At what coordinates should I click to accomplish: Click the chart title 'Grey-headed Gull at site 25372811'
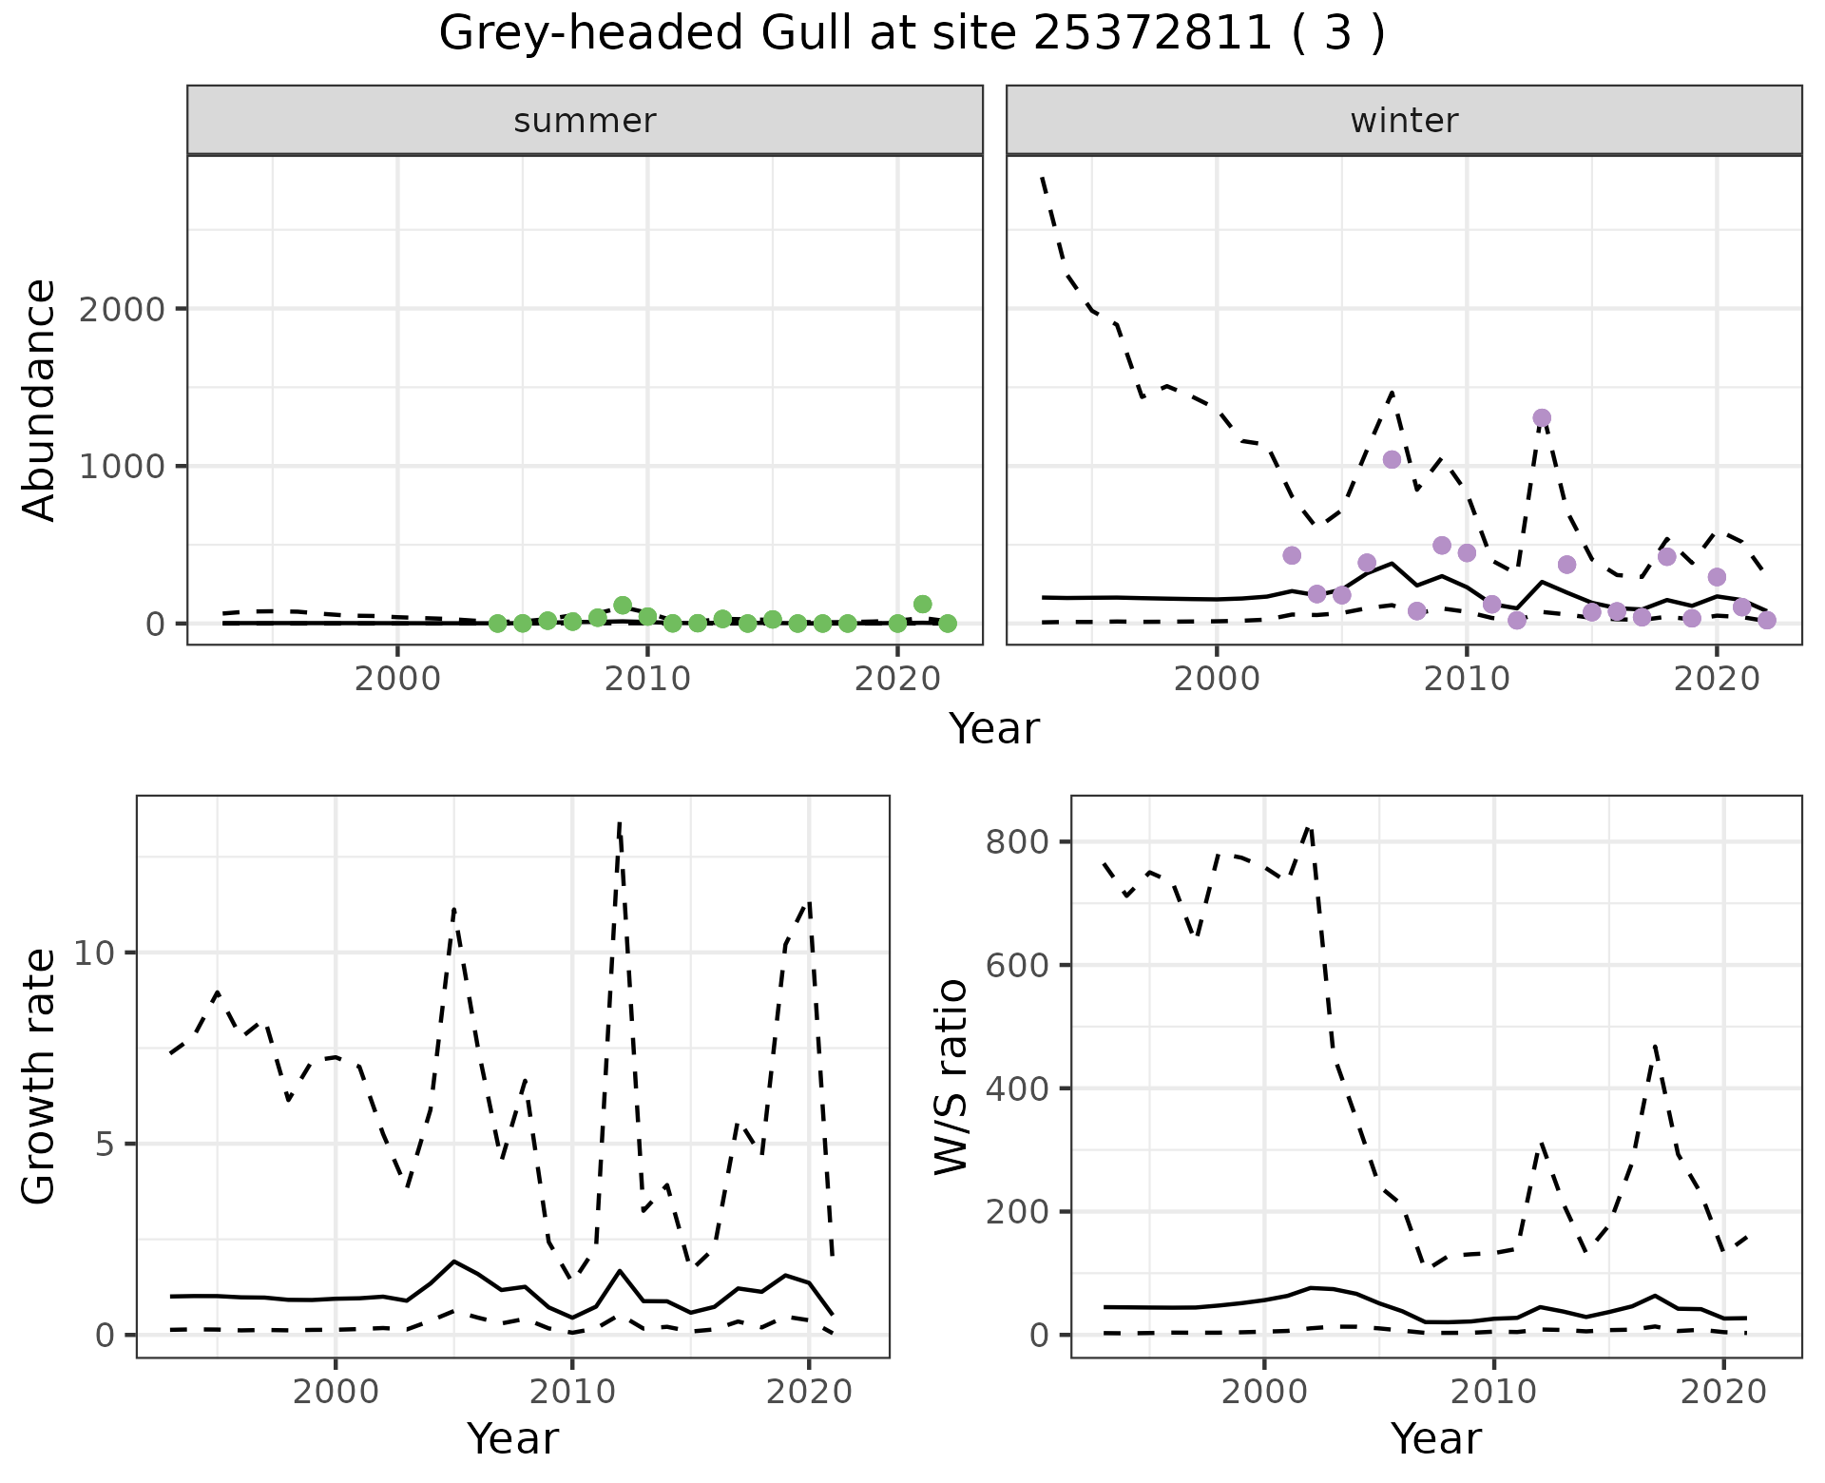pos(911,34)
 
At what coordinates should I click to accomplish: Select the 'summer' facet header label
pos(585,121)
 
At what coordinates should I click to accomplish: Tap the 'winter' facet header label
pos(1404,121)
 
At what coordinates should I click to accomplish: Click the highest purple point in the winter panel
pos(1542,418)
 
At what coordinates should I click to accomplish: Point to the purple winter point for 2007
pos(1393,460)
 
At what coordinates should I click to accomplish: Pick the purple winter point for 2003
pos(1292,555)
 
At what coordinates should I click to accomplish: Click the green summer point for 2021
pos(922,604)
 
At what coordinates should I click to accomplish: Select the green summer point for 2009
pos(623,606)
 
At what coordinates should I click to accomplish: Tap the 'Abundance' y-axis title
pos(40,399)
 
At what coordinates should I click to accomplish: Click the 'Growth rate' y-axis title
pos(40,1077)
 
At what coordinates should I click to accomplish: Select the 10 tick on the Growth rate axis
pos(93,953)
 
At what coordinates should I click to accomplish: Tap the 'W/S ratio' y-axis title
pos(951,1077)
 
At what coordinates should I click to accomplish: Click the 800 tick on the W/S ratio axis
pos(1018,842)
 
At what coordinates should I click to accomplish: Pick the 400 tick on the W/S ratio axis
pos(1018,1088)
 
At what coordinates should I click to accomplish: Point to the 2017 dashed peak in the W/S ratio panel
pos(1656,1046)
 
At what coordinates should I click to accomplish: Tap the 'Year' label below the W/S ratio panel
pos(1435,1438)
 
